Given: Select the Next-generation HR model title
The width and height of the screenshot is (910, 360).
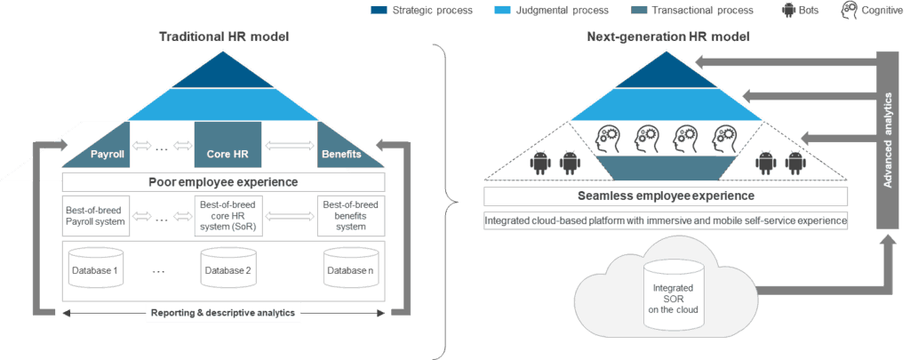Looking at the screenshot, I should (x=668, y=37).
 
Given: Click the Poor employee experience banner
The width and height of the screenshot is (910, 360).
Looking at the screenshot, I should (x=223, y=182).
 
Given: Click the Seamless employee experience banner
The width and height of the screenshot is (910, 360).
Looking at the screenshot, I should (x=665, y=196).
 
